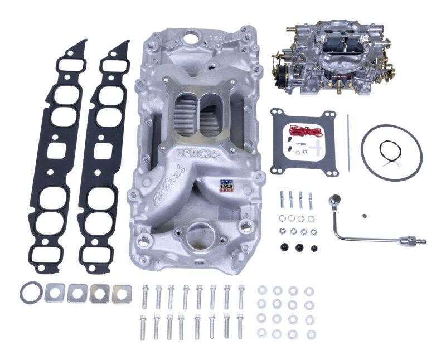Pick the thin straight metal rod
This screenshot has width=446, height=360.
pos(348,144)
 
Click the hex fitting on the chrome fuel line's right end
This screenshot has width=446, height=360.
pos(413,241)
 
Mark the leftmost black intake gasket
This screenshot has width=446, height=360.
pos(60,155)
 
